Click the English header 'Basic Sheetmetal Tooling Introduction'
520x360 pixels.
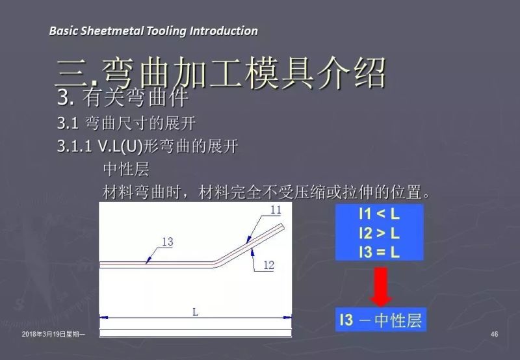(x=153, y=31)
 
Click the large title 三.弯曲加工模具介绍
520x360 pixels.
(x=221, y=73)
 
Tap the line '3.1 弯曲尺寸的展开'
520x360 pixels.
(x=126, y=122)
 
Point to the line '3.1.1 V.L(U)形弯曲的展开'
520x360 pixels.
(x=148, y=146)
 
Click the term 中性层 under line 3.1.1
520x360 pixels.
(x=126, y=170)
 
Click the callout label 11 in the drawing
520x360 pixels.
(x=275, y=210)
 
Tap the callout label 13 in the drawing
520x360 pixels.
(x=167, y=242)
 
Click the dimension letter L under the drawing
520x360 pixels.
(x=195, y=311)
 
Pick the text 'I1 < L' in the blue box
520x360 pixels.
(x=379, y=214)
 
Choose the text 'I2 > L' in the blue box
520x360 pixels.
(x=379, y=233)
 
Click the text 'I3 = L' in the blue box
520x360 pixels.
(x=379, y=251)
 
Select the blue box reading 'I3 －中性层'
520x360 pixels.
(x=381, y=320)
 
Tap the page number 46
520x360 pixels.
(x=494, y=334)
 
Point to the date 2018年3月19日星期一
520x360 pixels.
(x=57, y=334)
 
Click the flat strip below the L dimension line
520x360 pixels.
(x=195, y=333)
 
